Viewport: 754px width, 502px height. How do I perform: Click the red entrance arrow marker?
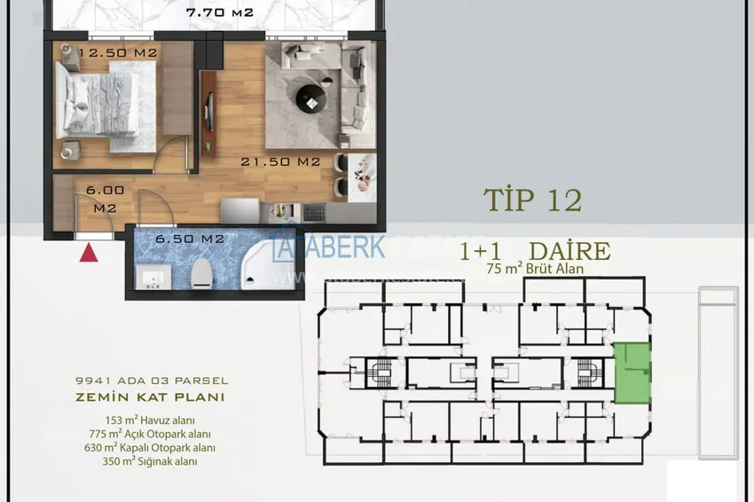[x=89, y=253]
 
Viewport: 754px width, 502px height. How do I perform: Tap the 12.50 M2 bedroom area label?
[x=118, y=53]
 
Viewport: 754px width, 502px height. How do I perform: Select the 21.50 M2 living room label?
[x=281, y=162]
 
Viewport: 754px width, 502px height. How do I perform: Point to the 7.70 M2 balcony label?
[x=220, y=13]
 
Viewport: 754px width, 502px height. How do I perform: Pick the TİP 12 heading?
[x=532, y=200]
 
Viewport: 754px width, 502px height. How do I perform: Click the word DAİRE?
[x=569, y=251]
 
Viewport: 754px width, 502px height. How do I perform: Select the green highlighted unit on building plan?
[x=632, y=373]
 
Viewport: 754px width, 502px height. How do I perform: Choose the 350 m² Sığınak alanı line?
[x=149, y=461]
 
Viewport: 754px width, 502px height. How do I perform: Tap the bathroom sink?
[x=153, y=278]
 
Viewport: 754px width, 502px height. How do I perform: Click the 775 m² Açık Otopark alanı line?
[x=149, y=434]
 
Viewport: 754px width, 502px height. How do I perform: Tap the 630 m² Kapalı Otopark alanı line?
[x=149, y=448]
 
